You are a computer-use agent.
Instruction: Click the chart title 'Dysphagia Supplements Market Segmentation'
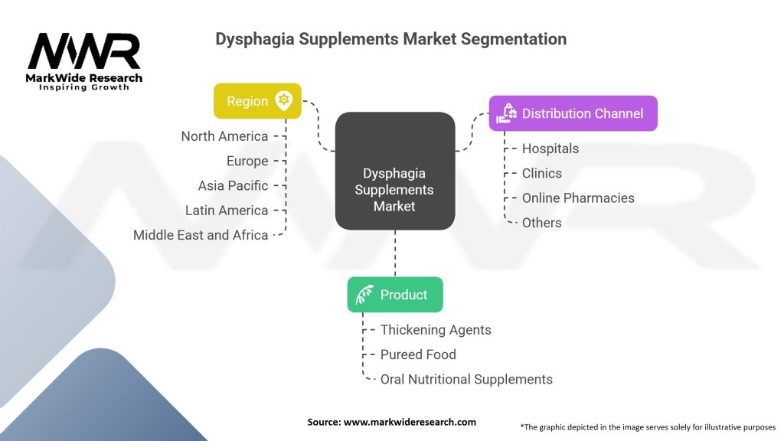coord(391,38)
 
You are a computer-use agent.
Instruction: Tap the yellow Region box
coord(257,101)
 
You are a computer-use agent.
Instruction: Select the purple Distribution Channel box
coord(573,113)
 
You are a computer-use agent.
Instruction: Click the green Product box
coord(395,295)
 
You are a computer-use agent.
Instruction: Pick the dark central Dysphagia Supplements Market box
coord(395,171)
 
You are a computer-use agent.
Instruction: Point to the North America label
coord(224,136)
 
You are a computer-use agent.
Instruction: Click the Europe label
coord(247,161)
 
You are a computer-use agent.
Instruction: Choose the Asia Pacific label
coord(233,185)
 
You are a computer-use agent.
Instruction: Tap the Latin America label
coord(227,210)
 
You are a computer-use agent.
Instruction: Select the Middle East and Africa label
coord(201,235)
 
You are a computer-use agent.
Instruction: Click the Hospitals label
coord(550,149)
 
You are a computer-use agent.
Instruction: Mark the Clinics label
coord(542,173)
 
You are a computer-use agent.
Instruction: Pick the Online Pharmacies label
coord(578,198)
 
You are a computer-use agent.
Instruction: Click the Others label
coord(541,223)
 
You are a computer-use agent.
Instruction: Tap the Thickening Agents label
coord(436,330)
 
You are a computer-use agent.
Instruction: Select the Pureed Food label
coord(418,354)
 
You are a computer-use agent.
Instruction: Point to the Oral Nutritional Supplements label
coord(466,379)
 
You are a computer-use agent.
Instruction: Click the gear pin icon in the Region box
coord(284,100)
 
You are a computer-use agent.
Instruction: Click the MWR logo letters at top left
coord(84,52)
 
